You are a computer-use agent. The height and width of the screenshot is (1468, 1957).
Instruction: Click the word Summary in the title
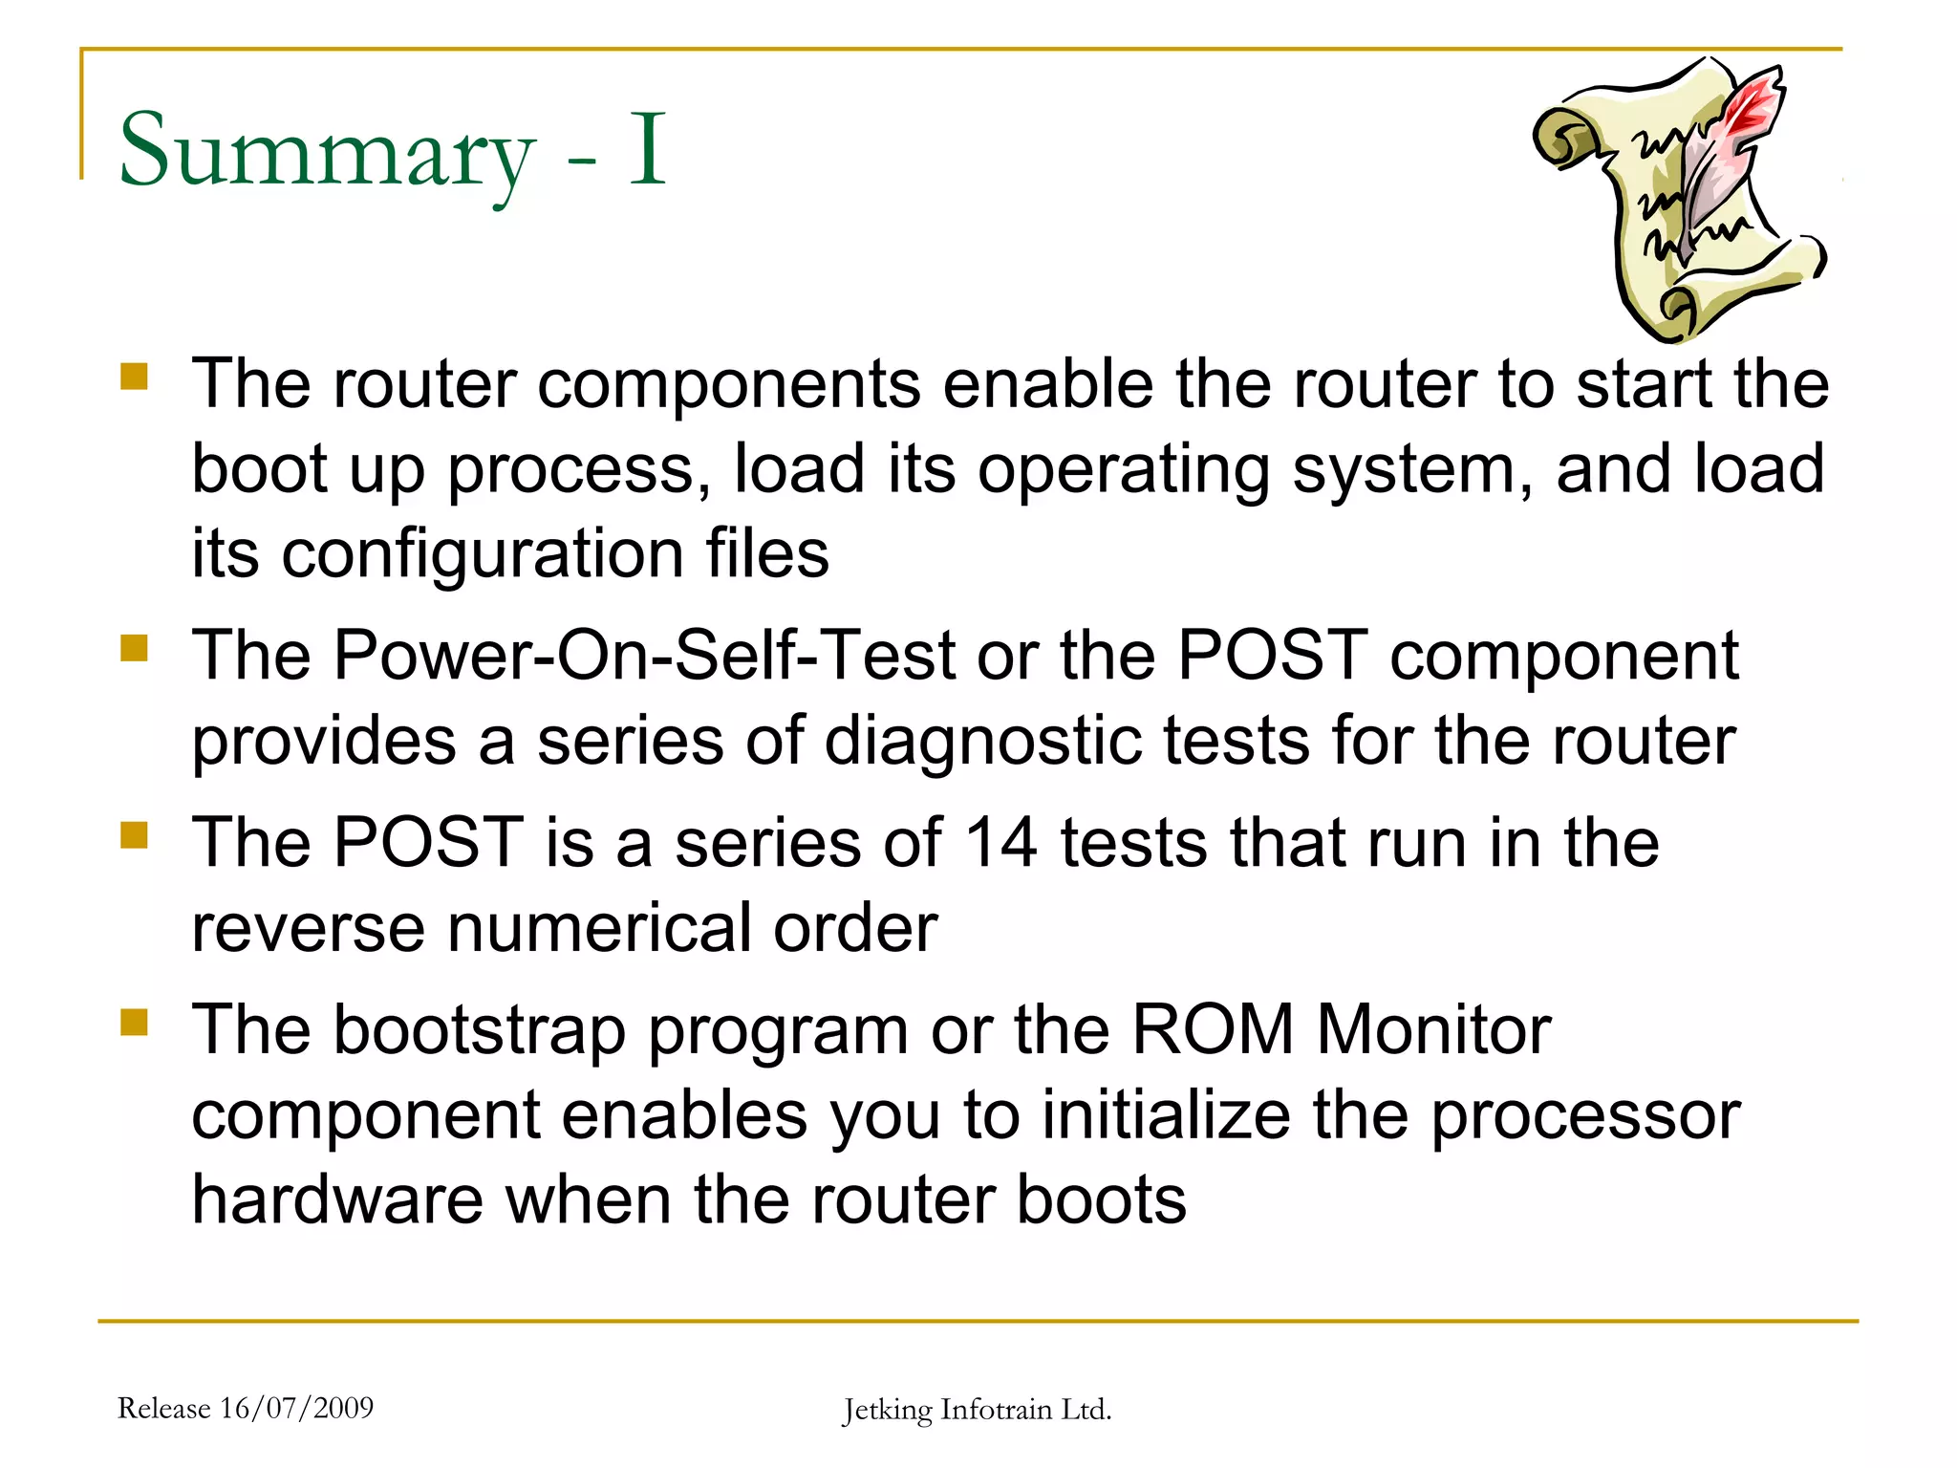pos(325,151)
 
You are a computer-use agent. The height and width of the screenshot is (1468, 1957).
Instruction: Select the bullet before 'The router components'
pos(134,376)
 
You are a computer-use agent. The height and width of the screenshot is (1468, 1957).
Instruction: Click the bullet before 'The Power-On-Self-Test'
pos(134,649)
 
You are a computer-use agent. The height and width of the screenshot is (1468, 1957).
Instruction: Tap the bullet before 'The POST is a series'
pos(134,835)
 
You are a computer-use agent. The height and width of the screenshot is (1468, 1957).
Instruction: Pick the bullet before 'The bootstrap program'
pos(134,1023)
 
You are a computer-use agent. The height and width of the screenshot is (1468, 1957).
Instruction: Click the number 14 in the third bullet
pos(1000,843)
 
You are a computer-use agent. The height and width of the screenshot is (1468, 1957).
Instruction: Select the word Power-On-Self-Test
pos(644,656)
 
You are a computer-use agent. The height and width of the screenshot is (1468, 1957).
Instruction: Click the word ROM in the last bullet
pos(1212,1030)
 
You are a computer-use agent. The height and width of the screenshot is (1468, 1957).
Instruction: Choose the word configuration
pos(482,554)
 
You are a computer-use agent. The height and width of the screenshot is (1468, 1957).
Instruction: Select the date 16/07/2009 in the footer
pos(297,1408)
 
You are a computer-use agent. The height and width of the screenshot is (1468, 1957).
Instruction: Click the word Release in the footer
pos(163,1408)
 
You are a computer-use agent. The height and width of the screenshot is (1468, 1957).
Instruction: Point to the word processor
pos(1585,1115)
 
